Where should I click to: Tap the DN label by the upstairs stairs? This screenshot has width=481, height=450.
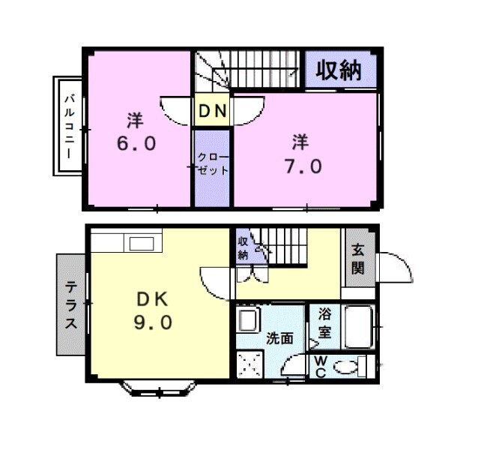click(x=212, y=112)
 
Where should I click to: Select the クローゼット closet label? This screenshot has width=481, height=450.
click(x=212, y=163)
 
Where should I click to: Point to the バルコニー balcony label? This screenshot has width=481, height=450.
click(x=67, y=126)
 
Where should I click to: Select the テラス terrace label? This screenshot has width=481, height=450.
click(x=71, y=305)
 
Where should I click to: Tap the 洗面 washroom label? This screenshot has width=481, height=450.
click(x=280, y=338)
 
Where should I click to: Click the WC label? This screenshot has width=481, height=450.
click(x=319, y=367)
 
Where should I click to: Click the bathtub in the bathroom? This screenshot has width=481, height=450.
click(x=360, y=327)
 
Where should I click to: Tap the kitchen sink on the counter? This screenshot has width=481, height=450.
click(x=141, y=243)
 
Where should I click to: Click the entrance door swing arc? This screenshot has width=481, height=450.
click(x=395, y=268)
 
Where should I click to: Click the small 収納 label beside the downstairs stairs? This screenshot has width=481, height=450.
click(x=243, y=247)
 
